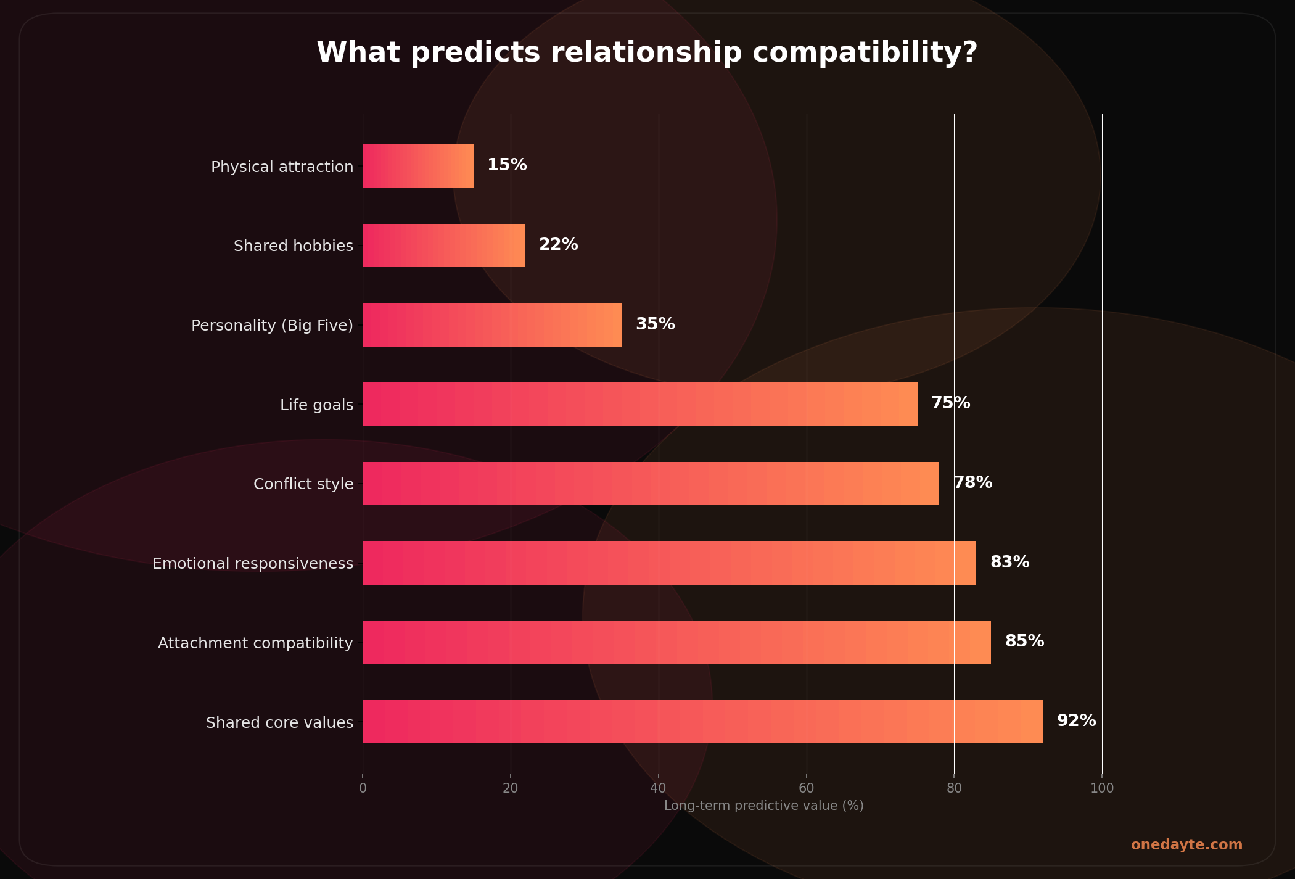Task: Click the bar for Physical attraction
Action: pos(418,166)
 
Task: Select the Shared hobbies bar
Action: pos(444,246)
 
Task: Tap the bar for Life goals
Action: pos(639,404)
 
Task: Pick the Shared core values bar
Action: pos(702,722)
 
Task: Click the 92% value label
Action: pos(1076,720)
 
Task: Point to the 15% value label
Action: pos(507,165)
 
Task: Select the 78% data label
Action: pos(972,482)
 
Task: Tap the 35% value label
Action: pos(655,324)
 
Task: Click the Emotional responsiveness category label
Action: pos(253,564)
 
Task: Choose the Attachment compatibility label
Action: pos(255,643)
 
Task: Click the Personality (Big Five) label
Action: pos(272,326)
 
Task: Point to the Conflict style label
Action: pos(303,484)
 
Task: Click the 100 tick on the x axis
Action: pos(1102,788)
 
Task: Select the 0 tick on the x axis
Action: pos(363,788)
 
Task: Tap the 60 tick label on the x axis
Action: pos(806,788)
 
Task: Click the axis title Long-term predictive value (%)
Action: pos(763,806)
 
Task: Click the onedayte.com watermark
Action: pos(1186,845)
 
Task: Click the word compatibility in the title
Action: pos(865,53)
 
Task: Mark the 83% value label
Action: pos(1009,562)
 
